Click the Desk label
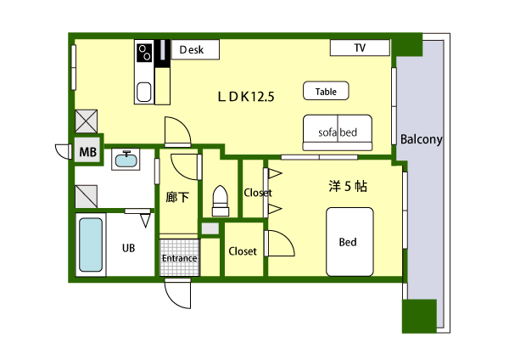(x=192, y=50)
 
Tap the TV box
(x=360, y=48)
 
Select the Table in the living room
(x=326, y=91)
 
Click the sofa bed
(x=338, y=132)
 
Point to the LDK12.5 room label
(x=246, y=97)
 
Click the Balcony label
(x=421, y=139)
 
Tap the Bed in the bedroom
(x=350, y=242)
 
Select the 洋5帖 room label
(x=348, y=186)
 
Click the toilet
(x=221, y=200)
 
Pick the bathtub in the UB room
(x=91, y=245)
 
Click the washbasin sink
(x=126, y=159)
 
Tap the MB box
(x=87, y=152)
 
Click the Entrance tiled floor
(x=179, y=257)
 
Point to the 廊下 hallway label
(x=177, y=197)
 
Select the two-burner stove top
(x=144, y=53)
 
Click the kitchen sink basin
(x=144, y=93)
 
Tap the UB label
(x=129, y=248)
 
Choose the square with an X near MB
(x=86, y=121)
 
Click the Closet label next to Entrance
(x=243, y=251)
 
